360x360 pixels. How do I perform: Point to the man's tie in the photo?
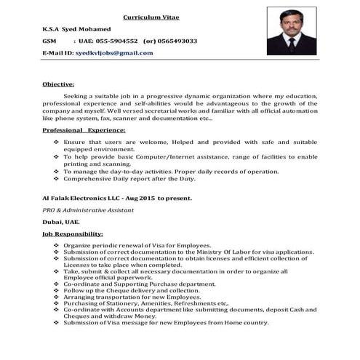[292, 41]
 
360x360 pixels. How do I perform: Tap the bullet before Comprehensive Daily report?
[57, 177]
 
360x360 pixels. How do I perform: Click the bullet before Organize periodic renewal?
[57, 246]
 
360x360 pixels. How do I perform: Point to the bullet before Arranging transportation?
[57, 298]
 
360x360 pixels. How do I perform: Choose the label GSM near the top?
[50, 41]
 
